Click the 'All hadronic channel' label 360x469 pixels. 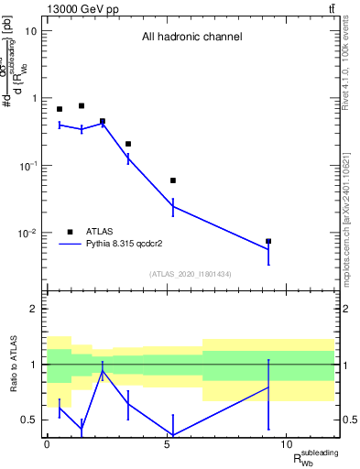tap(191, 38)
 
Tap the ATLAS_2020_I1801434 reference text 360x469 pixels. tap(191, 274)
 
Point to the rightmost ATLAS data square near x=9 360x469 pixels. tap(268, 242)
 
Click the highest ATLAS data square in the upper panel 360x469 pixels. tap(82, 106)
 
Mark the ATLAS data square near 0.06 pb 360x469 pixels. tap(173, 180)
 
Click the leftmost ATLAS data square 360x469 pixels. tap(60, 109)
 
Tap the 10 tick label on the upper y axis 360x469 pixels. tap(30, 31)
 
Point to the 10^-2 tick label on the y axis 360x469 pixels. tap(28, 234)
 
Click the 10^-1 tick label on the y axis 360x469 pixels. tap(28, 166)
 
